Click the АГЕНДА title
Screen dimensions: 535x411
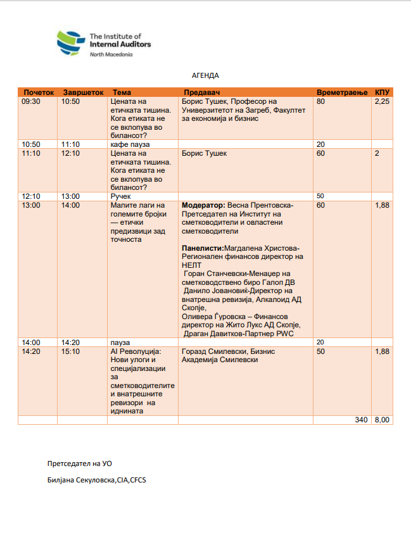[x=205, y=75]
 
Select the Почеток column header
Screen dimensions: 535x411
[x=38, y=92]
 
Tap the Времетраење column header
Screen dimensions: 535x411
[x=342, y=92]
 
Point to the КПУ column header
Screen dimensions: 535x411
[x=382, y=92]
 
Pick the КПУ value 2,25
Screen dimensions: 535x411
[x=382, y=101]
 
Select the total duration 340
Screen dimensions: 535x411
[x=361, y=419]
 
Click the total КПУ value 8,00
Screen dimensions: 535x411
[x=382, y=419]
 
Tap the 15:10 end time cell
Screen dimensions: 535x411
[x=70, y=351]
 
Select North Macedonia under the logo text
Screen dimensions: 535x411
[x=111, y=54]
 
